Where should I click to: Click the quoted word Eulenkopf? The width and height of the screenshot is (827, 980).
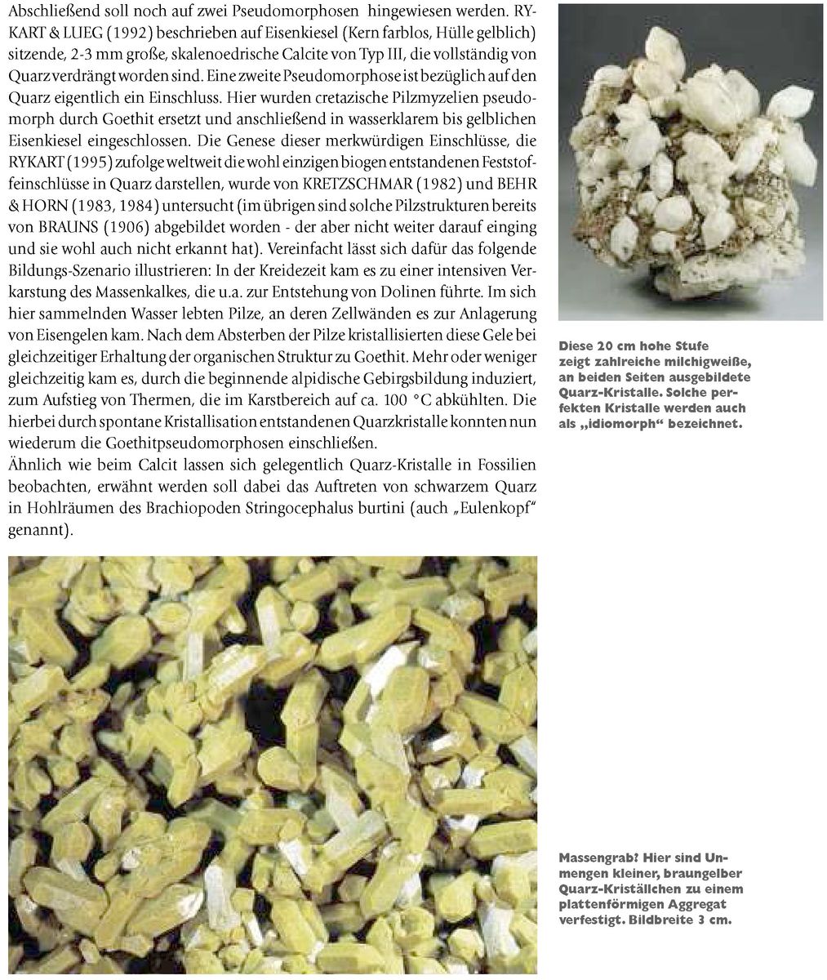[500, 508]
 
